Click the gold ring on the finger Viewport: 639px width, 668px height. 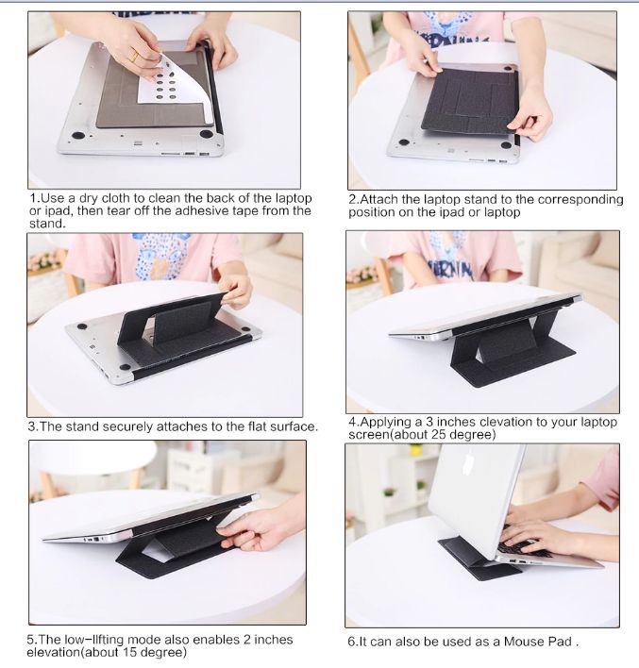tap(134, 56)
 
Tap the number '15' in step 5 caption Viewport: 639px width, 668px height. tap(129, 652)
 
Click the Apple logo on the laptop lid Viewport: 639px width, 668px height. tap(468, 463)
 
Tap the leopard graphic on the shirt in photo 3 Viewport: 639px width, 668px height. tap(159, 256)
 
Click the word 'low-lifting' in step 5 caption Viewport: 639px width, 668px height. tap(94, 640)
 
